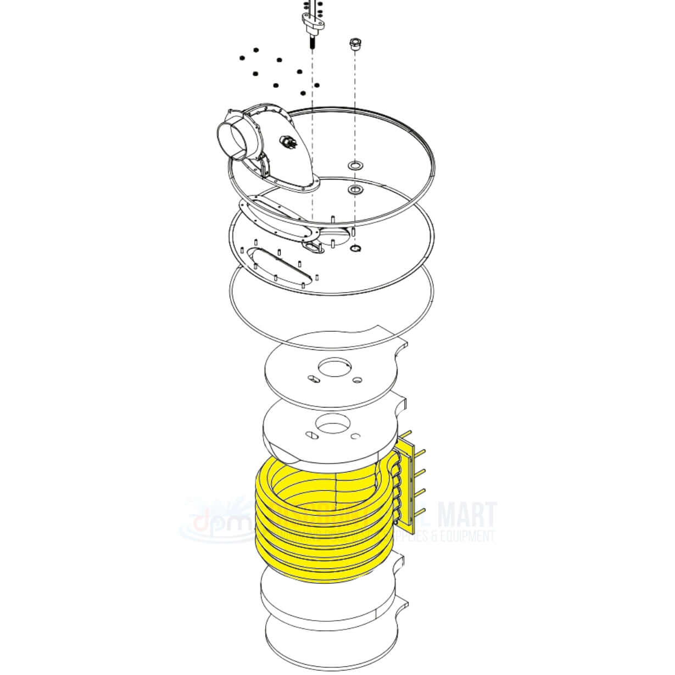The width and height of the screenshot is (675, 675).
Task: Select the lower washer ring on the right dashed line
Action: tap(355, 190)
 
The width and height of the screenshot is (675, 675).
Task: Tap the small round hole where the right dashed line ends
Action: tap(355, 249)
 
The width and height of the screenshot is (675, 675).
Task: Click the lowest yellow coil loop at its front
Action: tap(324, 571)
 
